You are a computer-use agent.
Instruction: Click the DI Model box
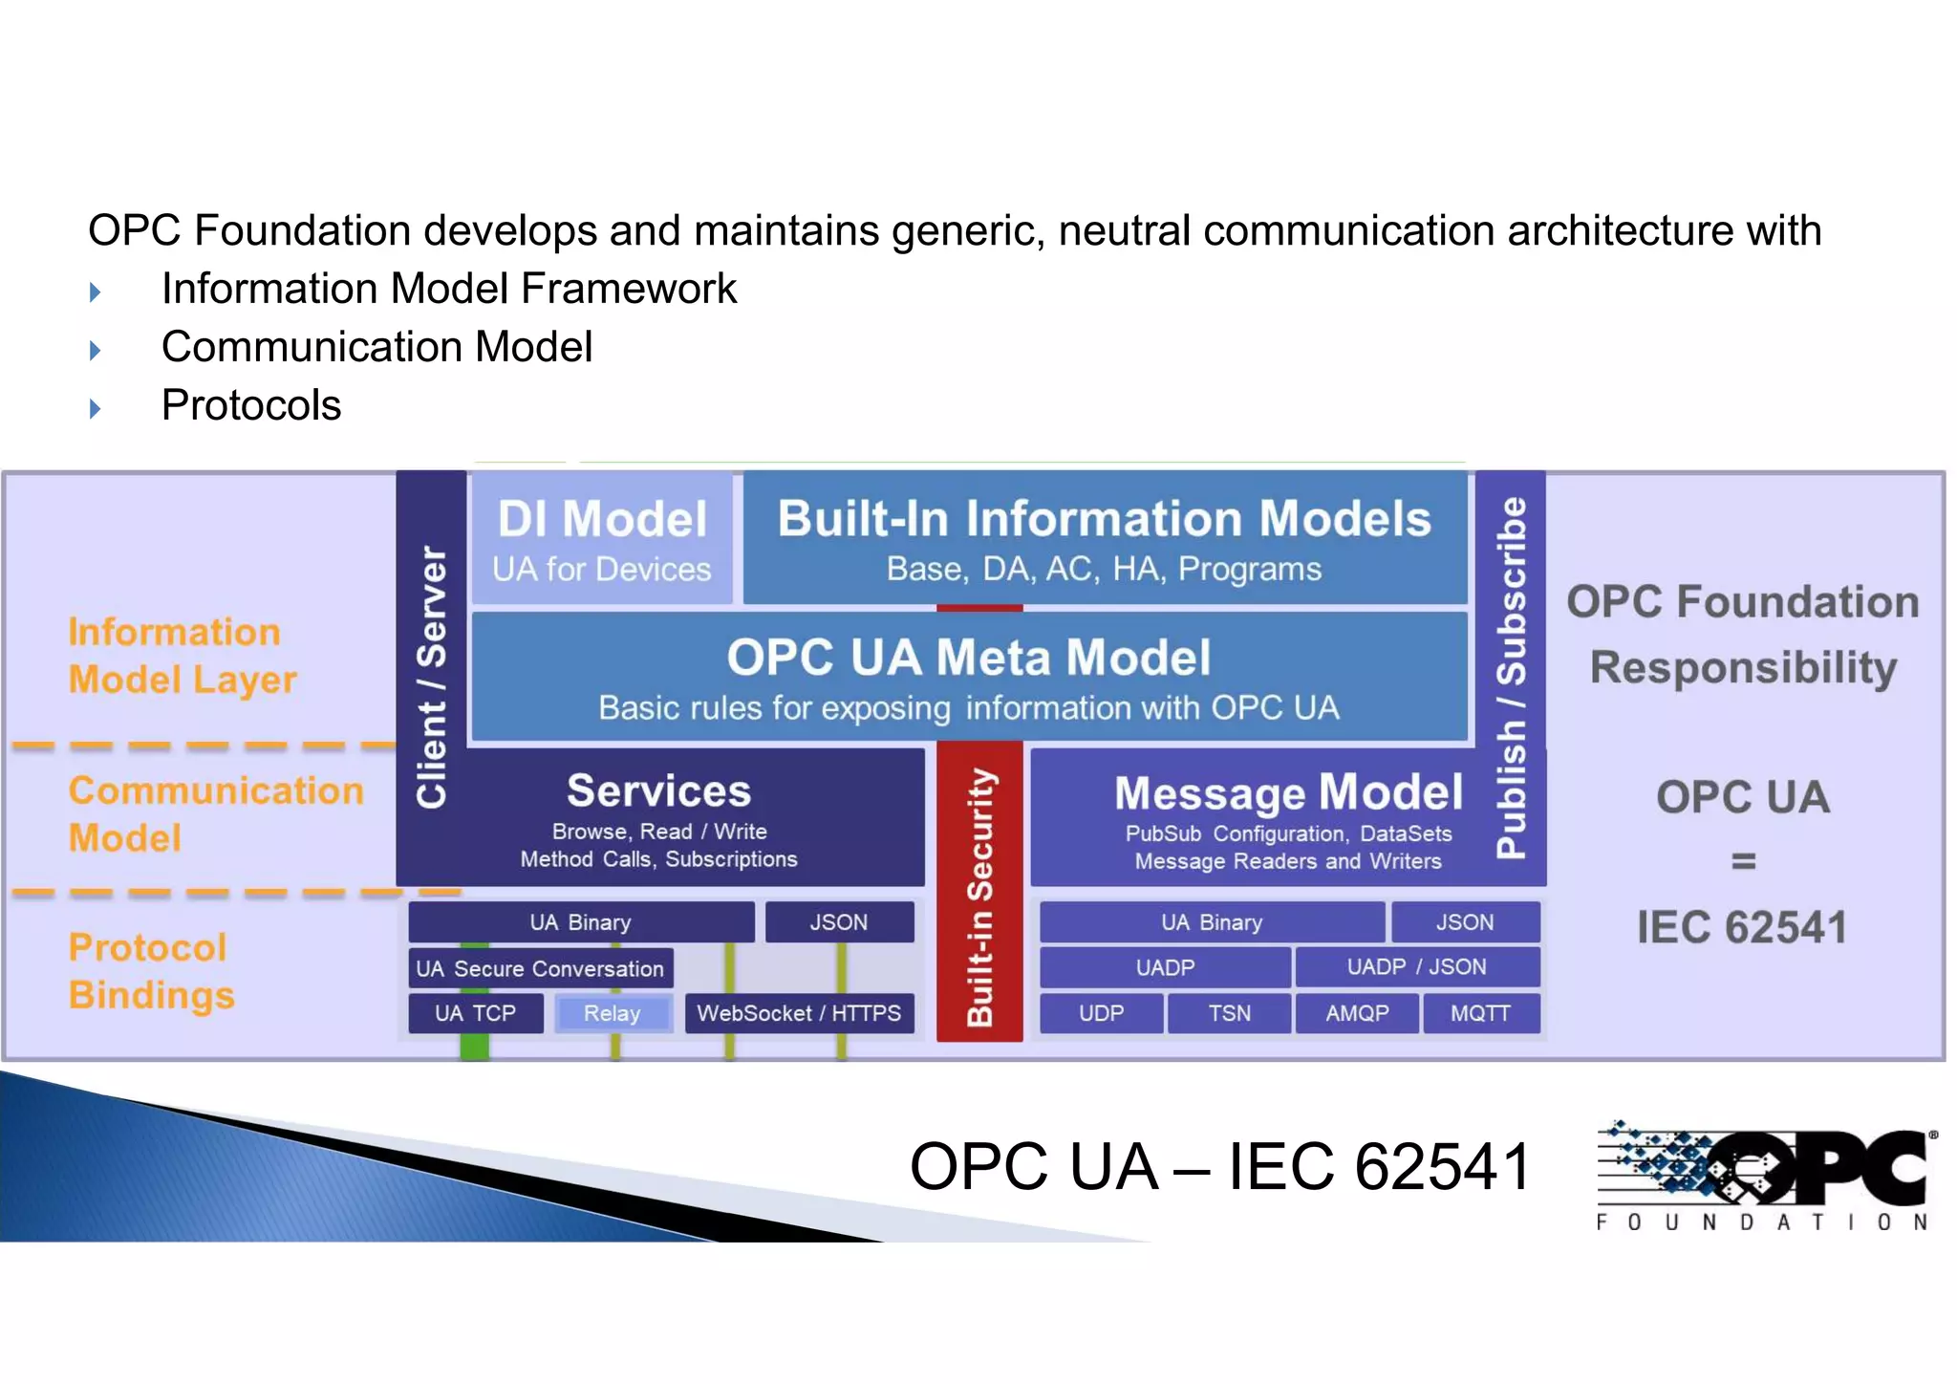coord(602,539)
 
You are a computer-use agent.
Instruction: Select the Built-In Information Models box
coord(1104,539)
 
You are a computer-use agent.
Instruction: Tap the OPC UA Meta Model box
coord(969,678)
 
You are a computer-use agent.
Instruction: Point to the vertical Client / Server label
coord(431,677)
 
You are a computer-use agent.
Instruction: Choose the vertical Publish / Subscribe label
coord(1511,677)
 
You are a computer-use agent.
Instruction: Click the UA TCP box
coord(475,1013)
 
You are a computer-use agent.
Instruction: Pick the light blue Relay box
coord(613,1013)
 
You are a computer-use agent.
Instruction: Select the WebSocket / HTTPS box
coord(799,1013)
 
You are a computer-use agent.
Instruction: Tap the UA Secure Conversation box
coord(540,968)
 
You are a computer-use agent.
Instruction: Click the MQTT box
coord(1480,1013)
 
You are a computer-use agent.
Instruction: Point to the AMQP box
coord(1357,1013)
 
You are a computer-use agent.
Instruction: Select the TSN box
coord(1229,1013)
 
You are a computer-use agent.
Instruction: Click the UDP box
coord(1101,1013)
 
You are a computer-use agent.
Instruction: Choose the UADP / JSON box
coord(1416,967)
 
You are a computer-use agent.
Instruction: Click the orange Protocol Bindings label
coord(151,971)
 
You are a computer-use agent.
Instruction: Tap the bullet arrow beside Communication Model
coord(95,350)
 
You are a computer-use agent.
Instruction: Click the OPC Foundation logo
coord(1765,1174)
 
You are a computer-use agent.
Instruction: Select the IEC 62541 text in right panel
coord(1741,927)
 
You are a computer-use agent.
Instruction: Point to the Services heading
coord(658,791)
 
